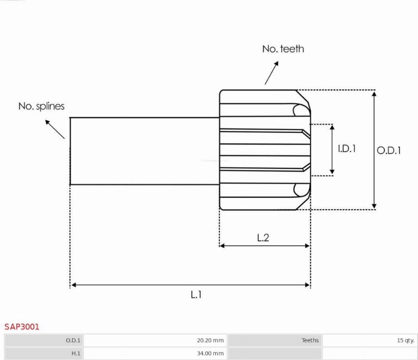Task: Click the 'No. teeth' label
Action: click(x=283, y=49)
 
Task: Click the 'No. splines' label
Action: click(x=41, y=106)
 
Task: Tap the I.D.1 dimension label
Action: click(x=347, y=149)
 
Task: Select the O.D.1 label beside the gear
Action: click(x=389, y=151)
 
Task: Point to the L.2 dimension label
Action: click(x=263, y=237)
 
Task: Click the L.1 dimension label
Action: click(x=196, y=295)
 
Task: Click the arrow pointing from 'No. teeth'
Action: click(x=271, y=73)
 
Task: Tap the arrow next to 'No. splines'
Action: click(x=55, y=129)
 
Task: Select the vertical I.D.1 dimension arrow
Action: click(x=332, y=150)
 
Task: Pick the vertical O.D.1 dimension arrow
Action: click(x=374, y=149)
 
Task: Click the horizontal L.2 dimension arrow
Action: click(x=265, y=245)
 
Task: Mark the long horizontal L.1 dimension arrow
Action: click(x=190, y=284)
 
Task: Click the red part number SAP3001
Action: click(x=22, y=327)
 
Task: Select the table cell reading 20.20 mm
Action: click(x=155, y=340)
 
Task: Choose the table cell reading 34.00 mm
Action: click(x=155, y=353)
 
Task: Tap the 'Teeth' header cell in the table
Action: click(x=275, y=340)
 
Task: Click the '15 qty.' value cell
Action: click(x=370, y=340)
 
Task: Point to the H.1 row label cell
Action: click(x=44, y=353)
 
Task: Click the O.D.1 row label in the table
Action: click(x=44, y=340)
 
